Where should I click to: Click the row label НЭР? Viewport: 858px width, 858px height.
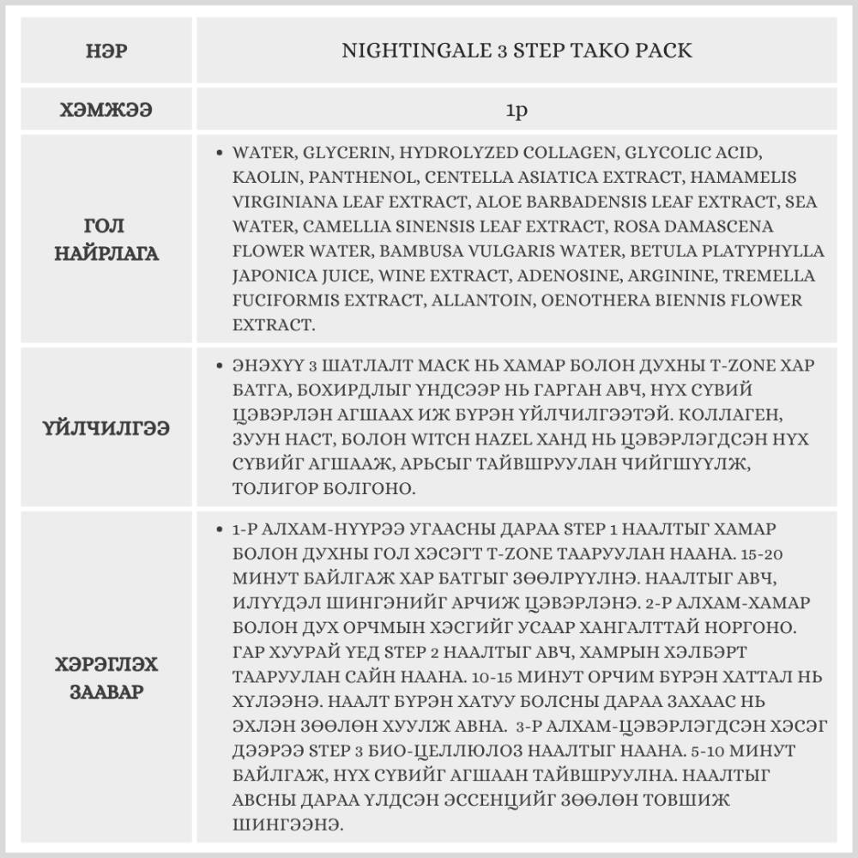pyautogui.click(x=106, y=51)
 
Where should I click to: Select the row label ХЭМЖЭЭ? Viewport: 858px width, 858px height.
pyautogui.click(x=106, y=111)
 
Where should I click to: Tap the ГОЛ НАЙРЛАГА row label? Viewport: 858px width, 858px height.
pyautogui.click(x=106, y=240)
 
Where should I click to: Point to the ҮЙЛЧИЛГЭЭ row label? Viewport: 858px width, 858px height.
pyautogui.click(x=106, y=426)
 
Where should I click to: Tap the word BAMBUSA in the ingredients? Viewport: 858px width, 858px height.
pyautogui.click(x=426, y=251)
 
